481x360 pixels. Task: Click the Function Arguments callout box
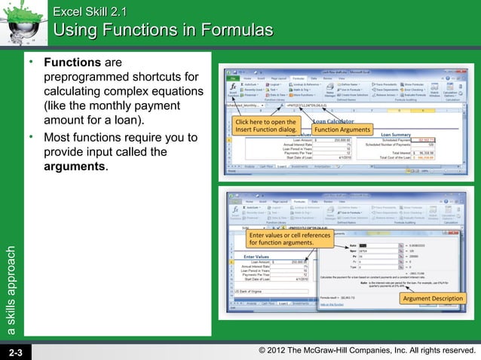pyautogui.click(x=342, y=129)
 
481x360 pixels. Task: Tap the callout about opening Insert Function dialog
pyautogui.click(x=265, y=125)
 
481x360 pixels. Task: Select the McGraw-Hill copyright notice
pyautogui.click(x=366, y=351)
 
